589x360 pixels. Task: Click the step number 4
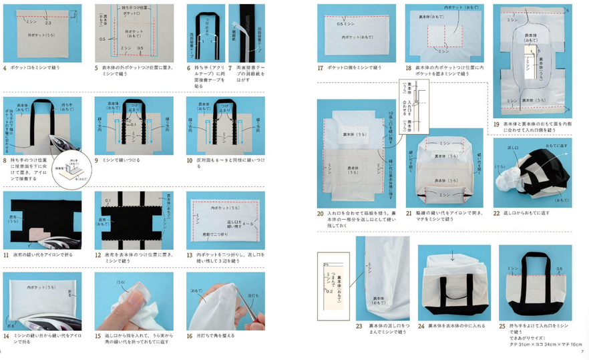(x=5, y=68)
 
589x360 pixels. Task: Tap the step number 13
(x=191, y=255)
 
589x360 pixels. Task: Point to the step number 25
(x=502, y=325)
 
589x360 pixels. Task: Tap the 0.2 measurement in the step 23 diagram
(x=328, y=291)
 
